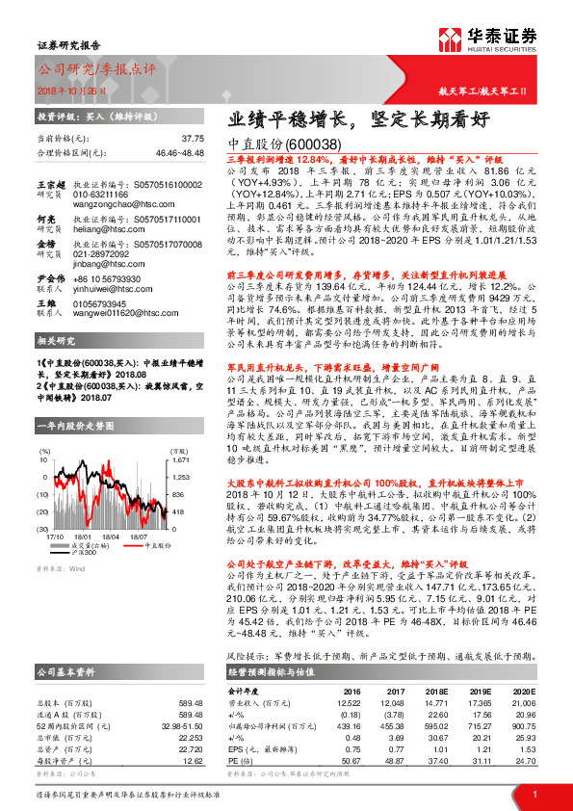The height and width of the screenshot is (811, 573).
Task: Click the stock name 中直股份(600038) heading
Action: tap(282, 144)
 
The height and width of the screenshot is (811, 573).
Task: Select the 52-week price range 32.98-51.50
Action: tap(183, 724)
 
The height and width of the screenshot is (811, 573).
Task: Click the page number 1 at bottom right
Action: tap(534, 795)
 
